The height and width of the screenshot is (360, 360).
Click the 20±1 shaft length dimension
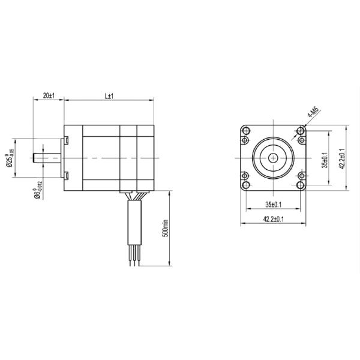coord(49,95)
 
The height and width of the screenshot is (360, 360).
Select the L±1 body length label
coord(109,96)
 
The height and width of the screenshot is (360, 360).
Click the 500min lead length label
coord(166,229)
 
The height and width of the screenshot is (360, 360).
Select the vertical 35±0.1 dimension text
coord(325,160)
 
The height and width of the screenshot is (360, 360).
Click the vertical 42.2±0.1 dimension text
coord(342,158)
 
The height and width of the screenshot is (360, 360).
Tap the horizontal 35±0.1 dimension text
coord(274,205)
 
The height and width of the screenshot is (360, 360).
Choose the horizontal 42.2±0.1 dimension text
coord(274,219)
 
